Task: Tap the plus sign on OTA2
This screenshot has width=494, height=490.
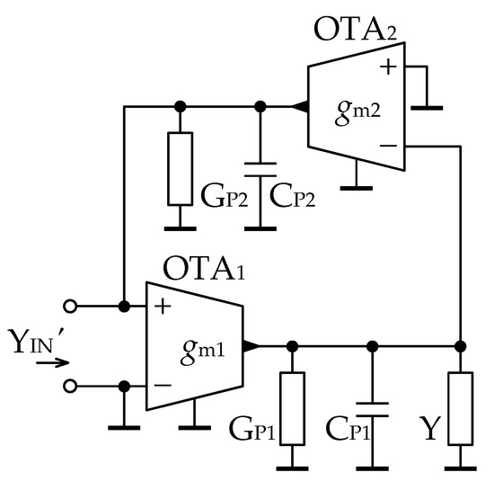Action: point(388,67)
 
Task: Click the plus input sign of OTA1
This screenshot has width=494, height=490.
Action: point(163,307)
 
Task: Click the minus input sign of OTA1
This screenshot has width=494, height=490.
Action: point(163,386)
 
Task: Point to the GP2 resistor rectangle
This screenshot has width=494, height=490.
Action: point(180,169)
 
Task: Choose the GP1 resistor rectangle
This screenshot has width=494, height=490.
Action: point(290,410)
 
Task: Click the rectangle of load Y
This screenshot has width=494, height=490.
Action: point(460,410)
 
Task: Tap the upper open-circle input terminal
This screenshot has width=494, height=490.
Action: point(74,307)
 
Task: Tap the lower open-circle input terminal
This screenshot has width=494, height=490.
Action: point(74,387)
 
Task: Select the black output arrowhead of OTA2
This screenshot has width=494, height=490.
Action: point(300,106)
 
